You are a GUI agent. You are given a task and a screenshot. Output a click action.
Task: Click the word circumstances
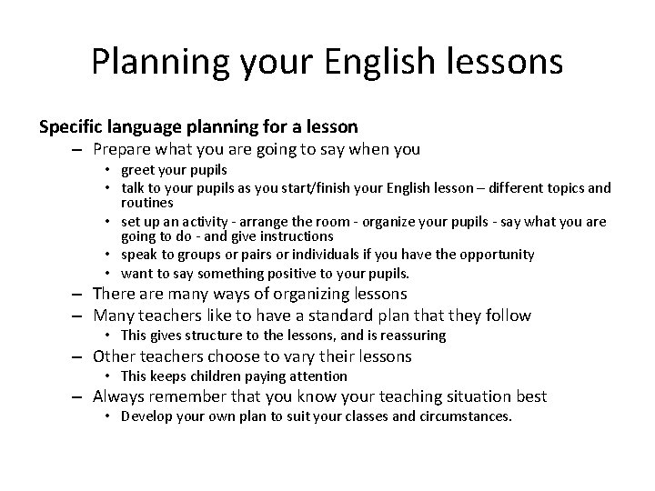tap(466, 416)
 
